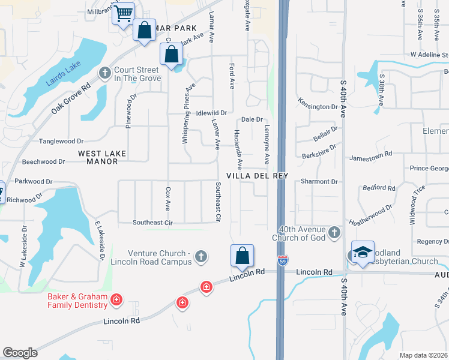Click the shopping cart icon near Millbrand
[x=124, y=13]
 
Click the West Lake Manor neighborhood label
[x=102, y=157]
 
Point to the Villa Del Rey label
[x=258, y=176]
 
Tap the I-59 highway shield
[x=283, y=260]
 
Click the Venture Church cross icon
[x=201, y=257]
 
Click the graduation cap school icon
[x=363, y=253]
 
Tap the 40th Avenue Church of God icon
[x=335, y=232]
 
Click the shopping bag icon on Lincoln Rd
[x=242, y=256]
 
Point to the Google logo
[x=20, y=352]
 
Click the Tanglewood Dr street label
[x=61, y=141]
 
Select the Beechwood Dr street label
[x=43, y=161]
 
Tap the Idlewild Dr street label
[x=212, y=113]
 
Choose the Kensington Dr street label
[x=318, y=107]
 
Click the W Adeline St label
[x=429, y=54]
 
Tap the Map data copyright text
[x=424, y=355]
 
